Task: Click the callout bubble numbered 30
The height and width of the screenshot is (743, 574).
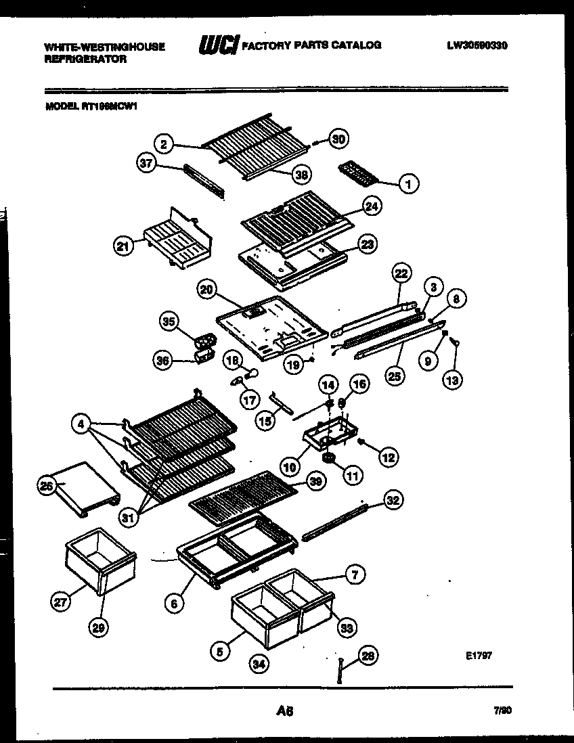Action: pyautogui.click(x=338, y=139)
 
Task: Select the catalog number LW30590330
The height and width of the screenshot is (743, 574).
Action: pyautogui.click(x=477, y=46)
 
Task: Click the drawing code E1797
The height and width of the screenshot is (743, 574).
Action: pyautogui.click(x=478, y=656)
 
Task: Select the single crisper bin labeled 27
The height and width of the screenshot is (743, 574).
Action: pyautogui.click(x=99, y=559)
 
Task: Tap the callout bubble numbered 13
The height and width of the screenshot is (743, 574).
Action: pyautogui.click(x=452, y=380)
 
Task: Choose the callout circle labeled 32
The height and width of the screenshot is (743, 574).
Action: pyautogui.click(x=393, y=500)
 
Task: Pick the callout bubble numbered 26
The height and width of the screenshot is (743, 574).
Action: pyautogui.click(x=46, y=486)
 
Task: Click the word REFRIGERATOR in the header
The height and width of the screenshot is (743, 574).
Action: pyautogui.click(x=85, y=59)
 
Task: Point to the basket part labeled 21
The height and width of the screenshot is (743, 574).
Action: pyautogui.click(x=177, y=240)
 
